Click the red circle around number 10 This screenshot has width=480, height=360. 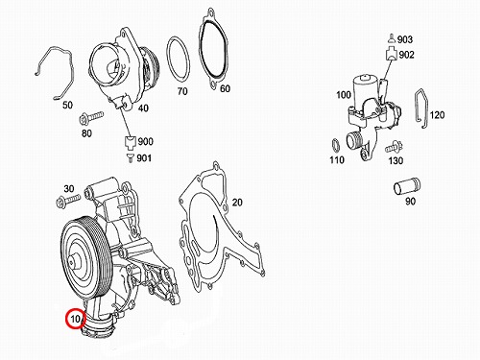click(x=66, y=319)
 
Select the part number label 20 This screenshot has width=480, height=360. click(x=237, y=203)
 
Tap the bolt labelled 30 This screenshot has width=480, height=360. click(x=68, y=201)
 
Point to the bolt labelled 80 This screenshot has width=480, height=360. click(x=91, y=117)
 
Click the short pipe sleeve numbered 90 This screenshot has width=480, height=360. click(x=407, y=188)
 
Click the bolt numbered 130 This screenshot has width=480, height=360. click(x=394, y=147)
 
